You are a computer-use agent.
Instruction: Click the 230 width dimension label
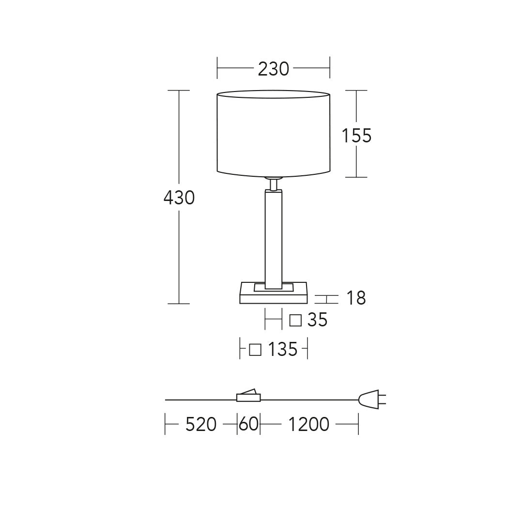click(x=273, y=69)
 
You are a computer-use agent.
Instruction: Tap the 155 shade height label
click(x=356, y=136)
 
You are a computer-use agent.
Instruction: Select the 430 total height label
click(x=179, y=198)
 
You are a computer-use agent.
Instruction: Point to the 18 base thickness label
click(x=356, y=298)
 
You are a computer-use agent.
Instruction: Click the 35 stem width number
click(x=317, y=320)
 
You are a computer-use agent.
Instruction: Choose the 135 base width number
click(x=282, y=349)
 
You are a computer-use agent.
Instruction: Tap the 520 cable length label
click(x=201, y=424)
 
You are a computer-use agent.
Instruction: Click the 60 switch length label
click(x=248, y=424)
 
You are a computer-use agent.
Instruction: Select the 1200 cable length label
click(x=308, y=424)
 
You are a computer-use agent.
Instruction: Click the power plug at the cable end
click(x=372, y=399)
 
